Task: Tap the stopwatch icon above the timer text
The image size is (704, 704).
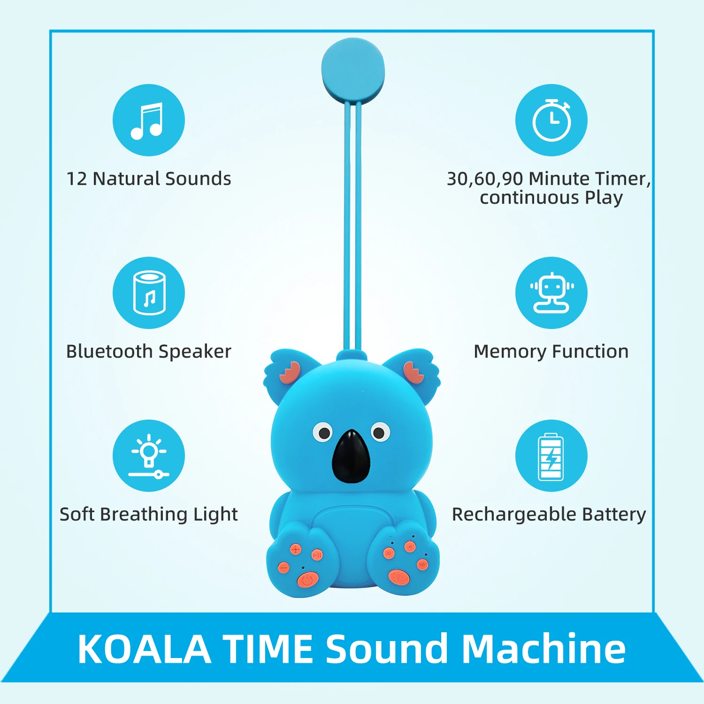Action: pyautogui.click(x=551, y=120)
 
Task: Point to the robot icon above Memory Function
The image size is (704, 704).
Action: pyautogui.click(x=551, y=293)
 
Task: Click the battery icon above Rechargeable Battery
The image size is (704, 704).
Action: pyautogui.click(x=551, y=456)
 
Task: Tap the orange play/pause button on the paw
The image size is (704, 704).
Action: pyautogui.click(x=317, y=555)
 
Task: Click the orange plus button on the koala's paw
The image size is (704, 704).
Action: pyautogui.click(x=296, y=549)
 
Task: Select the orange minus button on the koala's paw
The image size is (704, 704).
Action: pyautogui.click(x=284, y=568)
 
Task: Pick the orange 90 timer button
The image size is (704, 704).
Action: pyautogui.click(x=422, y=565)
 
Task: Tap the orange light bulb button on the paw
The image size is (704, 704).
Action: pyautogui.click(x=399, y=577)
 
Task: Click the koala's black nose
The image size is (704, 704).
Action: pyautogui.click(x=352, y=456)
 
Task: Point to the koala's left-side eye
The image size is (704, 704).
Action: pyautogui.click(x=322, y=432)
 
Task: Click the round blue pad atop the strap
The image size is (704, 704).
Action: pyautogui.click(x=353, y=70)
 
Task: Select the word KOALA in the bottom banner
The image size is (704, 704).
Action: pyautogui.click(x=144, y=649)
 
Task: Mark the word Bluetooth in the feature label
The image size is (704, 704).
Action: pyautogui.click(x=109, y=351)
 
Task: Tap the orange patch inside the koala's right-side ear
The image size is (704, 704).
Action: pyautogui.click(x=413, y=372)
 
